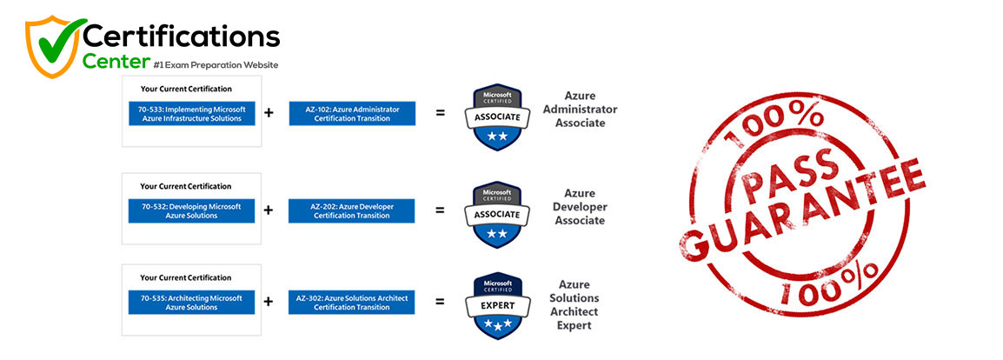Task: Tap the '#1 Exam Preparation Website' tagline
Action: pyautogui.click(x=215, y=64)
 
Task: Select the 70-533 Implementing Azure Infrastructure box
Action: pyautogui.click(x=192, y=114)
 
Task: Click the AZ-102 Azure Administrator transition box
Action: pyautogui.click(x=352, y=114)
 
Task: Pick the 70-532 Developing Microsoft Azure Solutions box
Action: pyautogui.click(x=192, y=210)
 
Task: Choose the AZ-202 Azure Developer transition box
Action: pyautogui.click(x=352, y=210)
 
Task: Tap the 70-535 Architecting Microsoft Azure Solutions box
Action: pyautogui.click(x=192, y=303)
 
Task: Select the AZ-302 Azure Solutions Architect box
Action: pyautogui.click(x=352, y=303)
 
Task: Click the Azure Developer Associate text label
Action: pyautogui.click(x=579, y=207)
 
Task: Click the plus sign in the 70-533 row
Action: pyautogui.click(x=269, y=113)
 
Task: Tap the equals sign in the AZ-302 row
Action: pyautogui.click(x=440, y=303)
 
